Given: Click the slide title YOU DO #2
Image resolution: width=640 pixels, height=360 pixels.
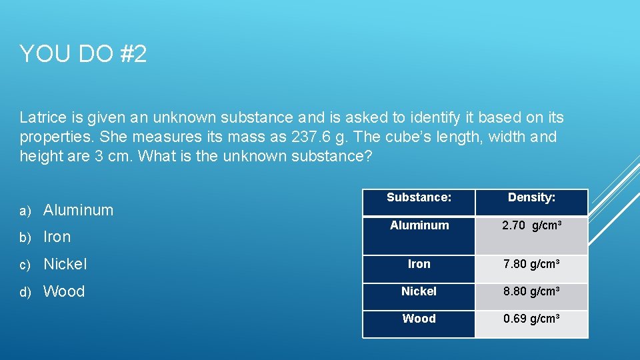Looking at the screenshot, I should coord(83,54).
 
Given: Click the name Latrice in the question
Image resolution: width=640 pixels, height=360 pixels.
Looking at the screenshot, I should coord(42,118).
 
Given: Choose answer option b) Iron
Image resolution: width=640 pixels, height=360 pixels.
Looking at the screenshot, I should coord(57,237).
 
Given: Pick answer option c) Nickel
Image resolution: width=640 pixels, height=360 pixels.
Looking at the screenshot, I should coord(65,264).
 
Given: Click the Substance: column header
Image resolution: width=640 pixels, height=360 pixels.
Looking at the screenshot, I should coord(419,197).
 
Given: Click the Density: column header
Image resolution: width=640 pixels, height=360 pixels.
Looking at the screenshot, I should coord(531,197).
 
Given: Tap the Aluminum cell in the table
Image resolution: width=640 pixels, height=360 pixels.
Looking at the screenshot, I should coord(419,225).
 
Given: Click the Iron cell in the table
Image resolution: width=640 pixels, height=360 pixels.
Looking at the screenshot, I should coord(419,264).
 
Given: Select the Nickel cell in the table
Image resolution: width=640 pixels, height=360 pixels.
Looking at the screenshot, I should coord(419,291).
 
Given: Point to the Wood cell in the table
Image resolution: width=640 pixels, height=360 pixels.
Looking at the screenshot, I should coord(419,319).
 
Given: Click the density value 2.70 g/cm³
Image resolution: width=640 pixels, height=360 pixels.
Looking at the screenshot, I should coord(531,226).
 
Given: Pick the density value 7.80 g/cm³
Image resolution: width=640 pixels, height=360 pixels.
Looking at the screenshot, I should coord(531,265).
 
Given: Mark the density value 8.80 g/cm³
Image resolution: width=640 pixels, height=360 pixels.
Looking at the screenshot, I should coord(531,292).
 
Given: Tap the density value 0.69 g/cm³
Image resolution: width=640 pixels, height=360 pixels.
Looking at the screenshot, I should coord(531,319).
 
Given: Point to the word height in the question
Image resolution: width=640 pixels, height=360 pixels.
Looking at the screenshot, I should coord(39,157).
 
